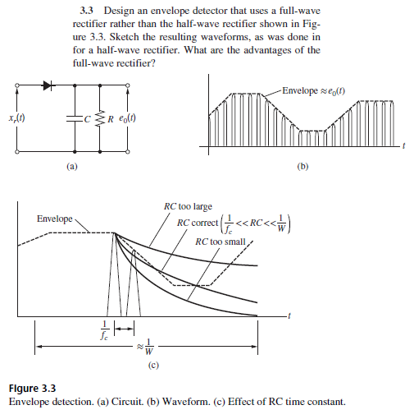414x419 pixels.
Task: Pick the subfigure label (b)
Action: pyautogui.click(x=303, y=166)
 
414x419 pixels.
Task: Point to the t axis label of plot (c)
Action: pyautogui.click(x=289, y=316)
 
